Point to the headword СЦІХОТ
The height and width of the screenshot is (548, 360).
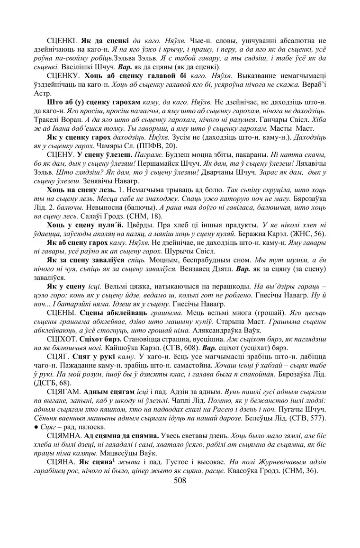(x=63, y=340)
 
